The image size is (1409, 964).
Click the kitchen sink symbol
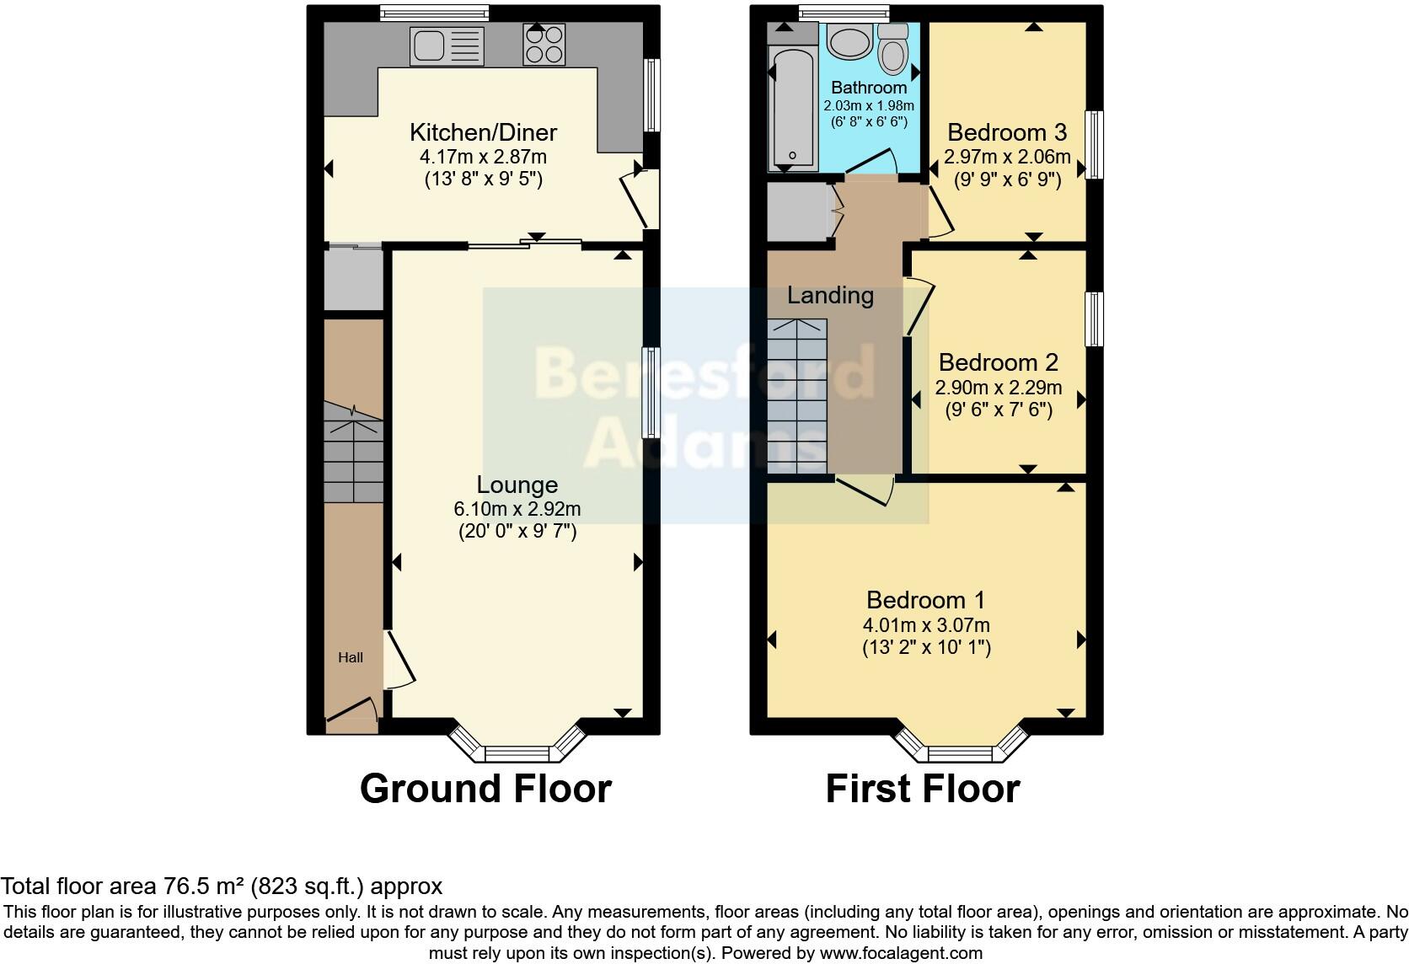pyautogui.click(x=447, y=46)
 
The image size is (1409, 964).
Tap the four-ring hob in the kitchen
pyautogui.click(x=544, y=45)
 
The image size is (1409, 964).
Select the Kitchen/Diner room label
pyautogui.click(x=483, y=132)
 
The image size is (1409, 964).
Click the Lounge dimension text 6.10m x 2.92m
pyautogui.click(x=517, y=509)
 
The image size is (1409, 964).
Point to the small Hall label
pyautogui.click(x=351, y=657)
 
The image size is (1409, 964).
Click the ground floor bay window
pyautogui.click(x=517, y=748)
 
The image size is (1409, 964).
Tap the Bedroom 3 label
pyautogui.click(x=1007, y=132)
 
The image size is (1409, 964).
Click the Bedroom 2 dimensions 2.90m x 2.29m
pyautogui.click(x=999, y=388)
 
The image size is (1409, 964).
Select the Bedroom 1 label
pyautogui.click(x=925, y=600)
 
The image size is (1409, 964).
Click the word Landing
pyautogui.click(x=830, y=295)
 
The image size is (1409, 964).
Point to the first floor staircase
pyautogui.click(x=797, y=396)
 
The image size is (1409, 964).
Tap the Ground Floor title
pyautogui.click(x=485, y=789)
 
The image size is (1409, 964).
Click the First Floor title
pyautogui.click(x=922, y=789)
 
